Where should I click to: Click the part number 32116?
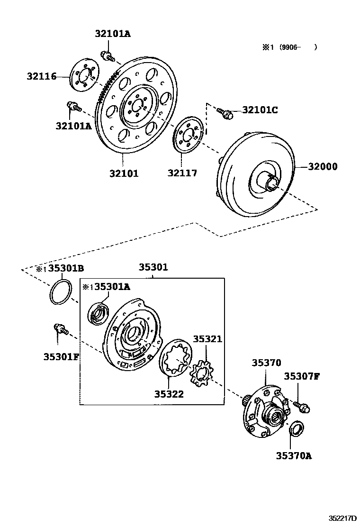[42, 76]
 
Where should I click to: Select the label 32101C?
[260, 110]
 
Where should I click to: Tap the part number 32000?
[323, 166]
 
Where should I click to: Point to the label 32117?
[182, 173]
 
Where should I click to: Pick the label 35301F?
[61, 356]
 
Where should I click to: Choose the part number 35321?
[207, 339]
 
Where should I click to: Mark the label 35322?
[169, 393]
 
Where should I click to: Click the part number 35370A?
[294, 456]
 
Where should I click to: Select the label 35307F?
[302, 377]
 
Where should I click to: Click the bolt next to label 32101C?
[225, 113]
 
